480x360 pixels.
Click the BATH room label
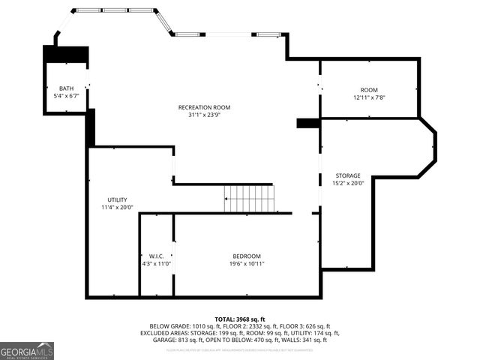coord(67,88)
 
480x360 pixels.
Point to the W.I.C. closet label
coord(157,256)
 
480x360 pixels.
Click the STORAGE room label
coord(348,175)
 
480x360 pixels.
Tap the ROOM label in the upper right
coord(369,89)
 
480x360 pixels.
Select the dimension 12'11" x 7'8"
coord(369,97)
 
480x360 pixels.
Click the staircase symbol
coord(250,199)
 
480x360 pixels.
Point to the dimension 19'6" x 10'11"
coord(247,264)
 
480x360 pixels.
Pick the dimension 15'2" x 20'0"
coord(348,183)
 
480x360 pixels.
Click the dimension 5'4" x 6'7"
coord(67,96)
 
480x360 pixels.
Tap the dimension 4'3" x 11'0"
coord(157,264)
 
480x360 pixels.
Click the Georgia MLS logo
coord(27,351)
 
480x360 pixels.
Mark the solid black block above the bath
coord(67,55)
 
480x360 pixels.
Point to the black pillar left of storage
coord(308,123)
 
